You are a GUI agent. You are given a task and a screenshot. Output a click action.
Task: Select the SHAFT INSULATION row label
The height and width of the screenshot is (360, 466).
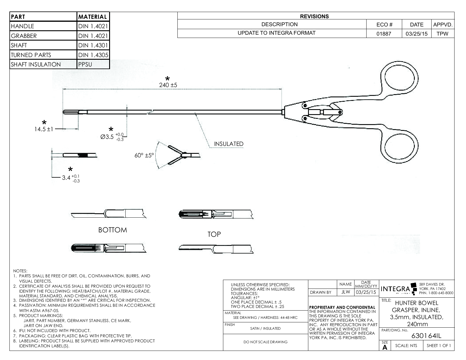click(36, 64)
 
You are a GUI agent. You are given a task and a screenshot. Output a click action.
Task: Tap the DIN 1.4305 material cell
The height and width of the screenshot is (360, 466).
click(93, 55)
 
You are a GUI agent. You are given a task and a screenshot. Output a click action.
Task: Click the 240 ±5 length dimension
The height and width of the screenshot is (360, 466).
click(168, 85)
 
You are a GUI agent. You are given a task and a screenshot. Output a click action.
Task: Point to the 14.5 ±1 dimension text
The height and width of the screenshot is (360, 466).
click(44, 129)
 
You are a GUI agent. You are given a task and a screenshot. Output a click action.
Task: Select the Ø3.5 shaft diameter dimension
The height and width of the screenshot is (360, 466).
click(112, 137)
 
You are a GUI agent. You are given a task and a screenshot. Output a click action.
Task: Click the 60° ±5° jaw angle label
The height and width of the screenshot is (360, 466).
click(144, 155)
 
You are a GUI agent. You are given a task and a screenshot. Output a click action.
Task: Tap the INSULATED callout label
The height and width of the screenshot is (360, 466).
click(229, 144)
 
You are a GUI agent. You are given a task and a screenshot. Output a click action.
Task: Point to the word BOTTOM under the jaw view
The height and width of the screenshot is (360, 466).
click(113, 230)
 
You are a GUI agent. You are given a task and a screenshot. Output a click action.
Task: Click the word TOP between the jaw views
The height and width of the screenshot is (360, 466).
click(214, 234)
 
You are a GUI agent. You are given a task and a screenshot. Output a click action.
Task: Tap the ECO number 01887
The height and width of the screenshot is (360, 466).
click(384, 34)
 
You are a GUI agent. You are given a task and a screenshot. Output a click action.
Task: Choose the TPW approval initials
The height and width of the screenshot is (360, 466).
click(442, 34)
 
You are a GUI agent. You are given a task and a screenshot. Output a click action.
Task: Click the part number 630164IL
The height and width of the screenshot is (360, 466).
click(426, 336)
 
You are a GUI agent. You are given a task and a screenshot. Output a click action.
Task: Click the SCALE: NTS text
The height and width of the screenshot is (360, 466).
click(406, 346)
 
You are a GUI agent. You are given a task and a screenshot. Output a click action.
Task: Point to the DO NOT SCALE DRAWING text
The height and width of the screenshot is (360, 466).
click(265, 342)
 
